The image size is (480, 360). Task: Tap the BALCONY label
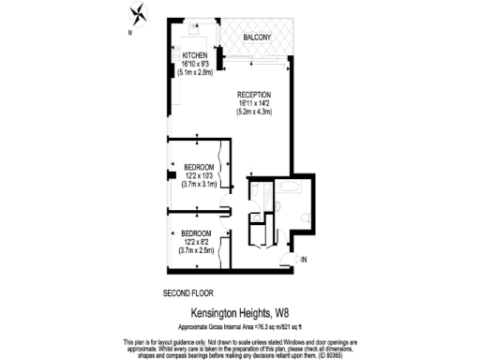257,37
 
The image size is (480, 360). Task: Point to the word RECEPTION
253,95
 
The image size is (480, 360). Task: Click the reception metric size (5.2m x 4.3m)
253,112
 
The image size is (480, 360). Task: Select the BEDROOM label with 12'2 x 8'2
195,232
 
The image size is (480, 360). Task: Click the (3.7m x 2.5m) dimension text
195,250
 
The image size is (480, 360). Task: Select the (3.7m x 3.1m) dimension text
198,184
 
